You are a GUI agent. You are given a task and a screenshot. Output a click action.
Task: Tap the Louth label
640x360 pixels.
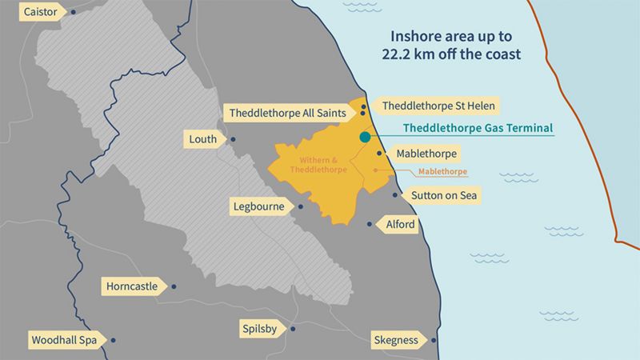pyautogui.click(x=202, y=139)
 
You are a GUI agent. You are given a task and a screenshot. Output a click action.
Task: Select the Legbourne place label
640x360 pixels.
pyautogui.click(x=258, y=206)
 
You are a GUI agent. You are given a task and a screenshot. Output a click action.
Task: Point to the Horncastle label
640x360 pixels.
pyautogui.click(x=132, y=286)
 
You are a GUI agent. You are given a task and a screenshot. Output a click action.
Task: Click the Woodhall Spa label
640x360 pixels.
pyautogui.click(x=64, y=341)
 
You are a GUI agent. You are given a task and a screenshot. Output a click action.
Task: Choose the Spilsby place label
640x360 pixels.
pyautogui.click(x=261, y=329)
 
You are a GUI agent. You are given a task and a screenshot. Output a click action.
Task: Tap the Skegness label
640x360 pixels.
pyautogui.click(x=396, y=341)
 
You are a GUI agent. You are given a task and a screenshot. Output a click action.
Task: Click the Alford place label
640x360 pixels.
pyautogui.click(x=400, y=225)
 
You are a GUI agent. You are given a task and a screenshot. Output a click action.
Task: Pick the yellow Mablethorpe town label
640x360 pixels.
pyautogui.click(x=426, y=153)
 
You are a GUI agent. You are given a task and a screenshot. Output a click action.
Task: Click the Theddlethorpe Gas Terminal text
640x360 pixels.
pyautogui.click(x=478, y=128)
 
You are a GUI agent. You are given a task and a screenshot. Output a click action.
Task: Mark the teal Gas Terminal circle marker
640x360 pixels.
pyautogui.click(x=365, y=137)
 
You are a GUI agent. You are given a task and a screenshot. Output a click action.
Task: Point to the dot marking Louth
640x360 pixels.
pyautogui.click(x=233, y=139)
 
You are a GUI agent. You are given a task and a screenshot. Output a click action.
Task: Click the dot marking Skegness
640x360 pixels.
pyautogui.click(x=434, y=341)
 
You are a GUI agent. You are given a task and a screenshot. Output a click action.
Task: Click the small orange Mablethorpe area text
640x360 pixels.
pyautogui.click(x=442, y=172)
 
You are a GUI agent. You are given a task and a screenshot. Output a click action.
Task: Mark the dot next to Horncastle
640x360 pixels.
pyautogui.click(x=174, y=286)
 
